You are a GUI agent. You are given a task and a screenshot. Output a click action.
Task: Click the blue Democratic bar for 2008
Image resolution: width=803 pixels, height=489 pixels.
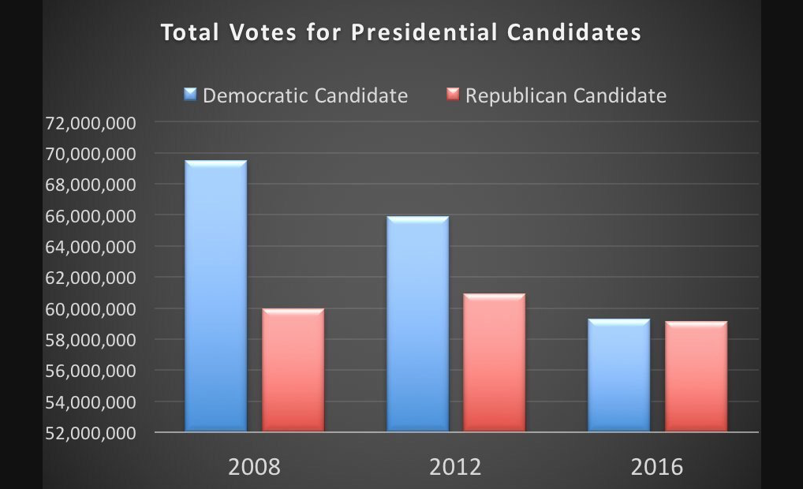215,296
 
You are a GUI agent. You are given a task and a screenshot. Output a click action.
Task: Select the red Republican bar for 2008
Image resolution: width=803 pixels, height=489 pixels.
293,370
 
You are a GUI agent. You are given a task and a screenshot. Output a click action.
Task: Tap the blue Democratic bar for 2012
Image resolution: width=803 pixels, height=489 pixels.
417,323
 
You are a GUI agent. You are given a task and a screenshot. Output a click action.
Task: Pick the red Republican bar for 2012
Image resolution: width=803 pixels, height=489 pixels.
495,363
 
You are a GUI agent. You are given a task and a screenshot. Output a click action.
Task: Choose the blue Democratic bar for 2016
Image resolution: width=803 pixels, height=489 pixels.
619,375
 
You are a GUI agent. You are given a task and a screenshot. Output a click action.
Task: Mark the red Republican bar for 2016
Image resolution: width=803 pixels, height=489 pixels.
696,376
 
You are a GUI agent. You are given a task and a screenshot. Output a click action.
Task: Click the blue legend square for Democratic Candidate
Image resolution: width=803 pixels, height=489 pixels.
190,95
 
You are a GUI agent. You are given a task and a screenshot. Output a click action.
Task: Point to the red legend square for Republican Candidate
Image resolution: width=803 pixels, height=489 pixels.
453,95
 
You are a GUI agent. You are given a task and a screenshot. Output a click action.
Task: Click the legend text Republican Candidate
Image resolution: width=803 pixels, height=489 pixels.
566,95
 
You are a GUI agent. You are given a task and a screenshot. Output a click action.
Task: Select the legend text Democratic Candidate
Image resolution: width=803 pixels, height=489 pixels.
305,95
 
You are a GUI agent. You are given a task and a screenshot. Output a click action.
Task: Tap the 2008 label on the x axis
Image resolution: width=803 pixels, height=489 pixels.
254,466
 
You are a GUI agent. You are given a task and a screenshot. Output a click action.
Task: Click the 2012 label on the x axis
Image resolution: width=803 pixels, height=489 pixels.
455,466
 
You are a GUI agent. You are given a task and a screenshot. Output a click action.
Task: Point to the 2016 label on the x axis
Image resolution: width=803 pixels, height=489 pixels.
657,466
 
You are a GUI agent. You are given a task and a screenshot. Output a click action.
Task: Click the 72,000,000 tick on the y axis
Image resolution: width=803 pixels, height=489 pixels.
92,123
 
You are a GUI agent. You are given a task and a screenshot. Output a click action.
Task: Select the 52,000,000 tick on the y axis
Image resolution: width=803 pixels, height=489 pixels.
92,433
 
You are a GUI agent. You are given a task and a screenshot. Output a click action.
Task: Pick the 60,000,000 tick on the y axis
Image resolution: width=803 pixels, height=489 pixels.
92,309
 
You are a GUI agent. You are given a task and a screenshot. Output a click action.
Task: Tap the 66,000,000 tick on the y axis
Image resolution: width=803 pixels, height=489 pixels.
92,216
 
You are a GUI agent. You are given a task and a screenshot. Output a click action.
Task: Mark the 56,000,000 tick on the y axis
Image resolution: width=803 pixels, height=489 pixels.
92,371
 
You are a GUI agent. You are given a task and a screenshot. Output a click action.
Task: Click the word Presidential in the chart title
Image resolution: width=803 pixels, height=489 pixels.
424,33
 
